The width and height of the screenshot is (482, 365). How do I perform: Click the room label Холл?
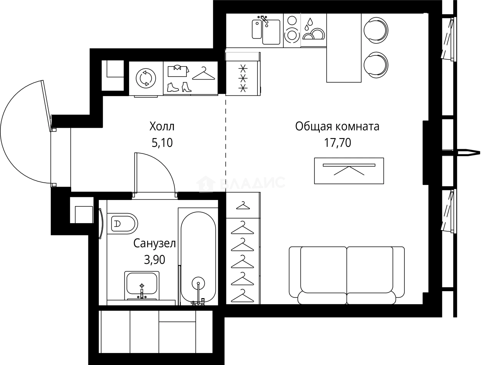coord(162,126)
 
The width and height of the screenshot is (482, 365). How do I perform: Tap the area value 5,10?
coord(162,143)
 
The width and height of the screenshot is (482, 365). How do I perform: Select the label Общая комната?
coord(337,126)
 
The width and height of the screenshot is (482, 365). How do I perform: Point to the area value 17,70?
coord(337,143)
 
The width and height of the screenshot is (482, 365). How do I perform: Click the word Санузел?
coord(155,243)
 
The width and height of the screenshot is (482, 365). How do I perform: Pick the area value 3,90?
coord(155,260)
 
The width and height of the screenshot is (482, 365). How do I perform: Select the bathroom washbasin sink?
coord(141,285)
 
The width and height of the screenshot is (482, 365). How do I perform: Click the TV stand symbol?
coord(349,170)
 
